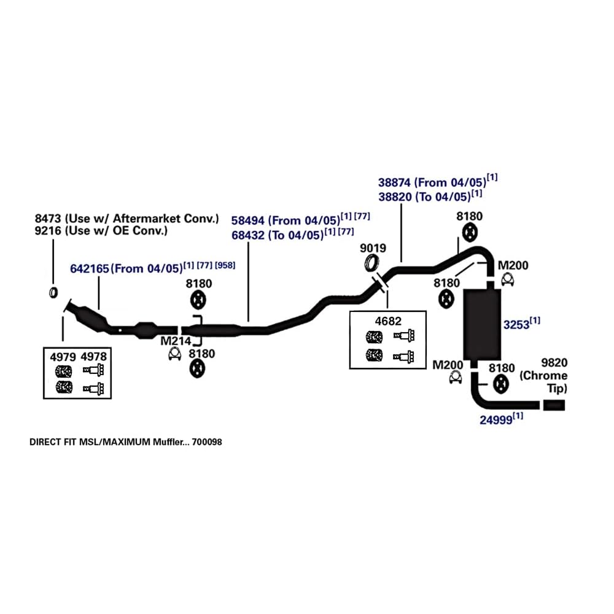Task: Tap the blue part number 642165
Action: (x=90, y=268)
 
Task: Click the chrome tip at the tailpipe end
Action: (x=553, y=405)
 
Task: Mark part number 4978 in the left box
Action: (x=93, y=356)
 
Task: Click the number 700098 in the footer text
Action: (x=207, y=441)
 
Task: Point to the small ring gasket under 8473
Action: (x=52, y=291)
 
